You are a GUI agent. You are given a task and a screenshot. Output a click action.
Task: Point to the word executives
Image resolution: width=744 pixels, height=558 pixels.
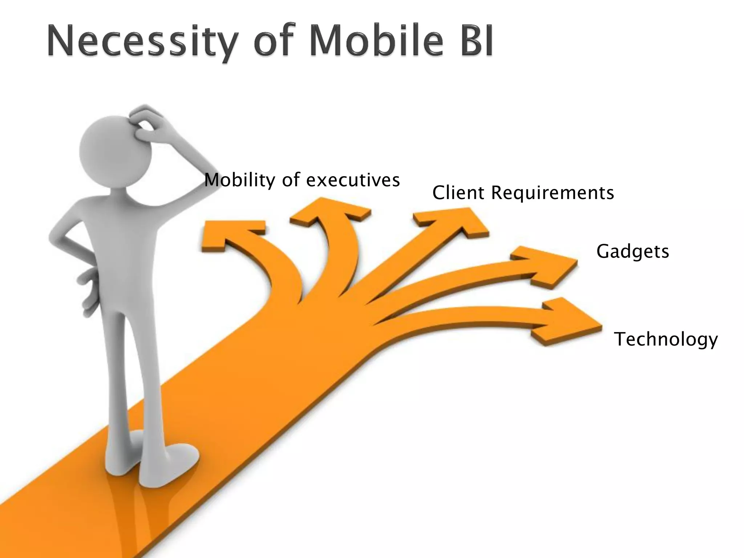[x=353, y=180]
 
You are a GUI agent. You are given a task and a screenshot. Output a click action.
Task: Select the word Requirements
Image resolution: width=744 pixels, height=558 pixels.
[x=552, y=192]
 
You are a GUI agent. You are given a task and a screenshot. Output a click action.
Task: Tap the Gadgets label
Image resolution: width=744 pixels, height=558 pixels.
[x=632, y=251]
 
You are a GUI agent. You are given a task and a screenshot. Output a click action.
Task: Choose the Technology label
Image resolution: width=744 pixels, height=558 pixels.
[x=666, y=339]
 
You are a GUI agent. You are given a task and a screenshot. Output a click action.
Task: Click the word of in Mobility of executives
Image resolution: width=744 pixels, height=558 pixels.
[x=291, y=180]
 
